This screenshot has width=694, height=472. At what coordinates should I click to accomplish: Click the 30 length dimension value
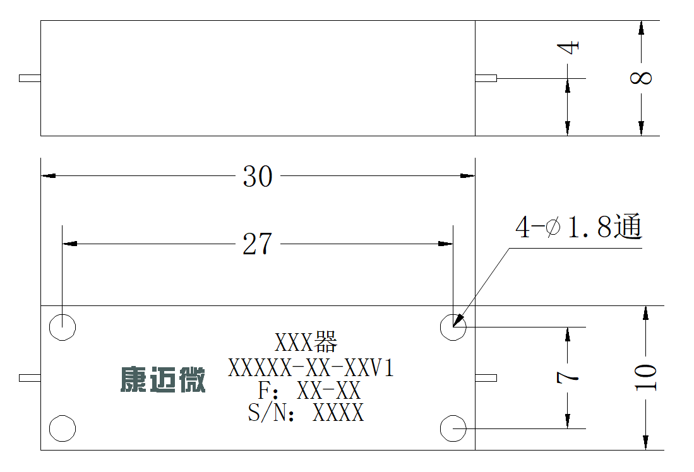pyautogui.click(x=258, y=177)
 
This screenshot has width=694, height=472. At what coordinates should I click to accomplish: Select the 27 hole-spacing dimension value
pyautogui.click(x=257, y=244)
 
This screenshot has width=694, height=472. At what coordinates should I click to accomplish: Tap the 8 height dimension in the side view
pyautogui.click(x=642, y=78)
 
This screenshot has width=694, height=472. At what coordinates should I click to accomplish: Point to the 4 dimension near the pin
pyautogui.click(x=568, y=47)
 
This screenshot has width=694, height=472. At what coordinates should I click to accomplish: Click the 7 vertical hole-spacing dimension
pyautogui.click(x=568, y=377)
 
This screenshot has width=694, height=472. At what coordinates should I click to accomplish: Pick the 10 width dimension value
pyautogui.click(x=646, y=377)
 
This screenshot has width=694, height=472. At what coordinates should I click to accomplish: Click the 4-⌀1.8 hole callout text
pyautogui.click(x=578, y=227)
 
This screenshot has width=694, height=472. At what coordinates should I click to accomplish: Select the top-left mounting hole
pyautogui.click(x=63, y=327)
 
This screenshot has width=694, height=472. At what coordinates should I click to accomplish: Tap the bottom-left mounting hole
pyautogui.click(x=63, y=428)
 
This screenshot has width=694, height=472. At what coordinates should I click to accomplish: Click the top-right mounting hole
pyautogui.click(x=453, y=327)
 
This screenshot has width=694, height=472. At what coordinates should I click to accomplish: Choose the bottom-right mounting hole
pyautogui.click(x=453, y=428)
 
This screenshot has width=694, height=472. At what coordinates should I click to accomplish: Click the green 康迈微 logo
pyautogui.click(x=163, y=379)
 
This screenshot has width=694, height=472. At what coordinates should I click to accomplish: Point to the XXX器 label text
pyautogui.click(x=306, y=342)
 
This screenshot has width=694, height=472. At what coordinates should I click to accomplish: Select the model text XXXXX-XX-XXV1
pyautogui.click(x=311, y=368)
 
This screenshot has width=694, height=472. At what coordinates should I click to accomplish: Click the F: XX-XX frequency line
pyautogui.click(x=309, y=390)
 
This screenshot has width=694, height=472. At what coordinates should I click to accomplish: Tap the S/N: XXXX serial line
pyautogui.click(x=306, y=412)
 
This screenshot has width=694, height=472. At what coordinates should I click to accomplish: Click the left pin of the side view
pyautogui.click(x=30, y=78)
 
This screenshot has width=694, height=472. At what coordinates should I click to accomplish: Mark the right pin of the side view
pyautogui.click(x=486, y=78)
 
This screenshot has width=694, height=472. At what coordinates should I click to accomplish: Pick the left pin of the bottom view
pyautogui.click(x=30, y=378)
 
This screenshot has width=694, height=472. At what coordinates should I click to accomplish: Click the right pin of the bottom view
pyautogui.click(x=486, y=378)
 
